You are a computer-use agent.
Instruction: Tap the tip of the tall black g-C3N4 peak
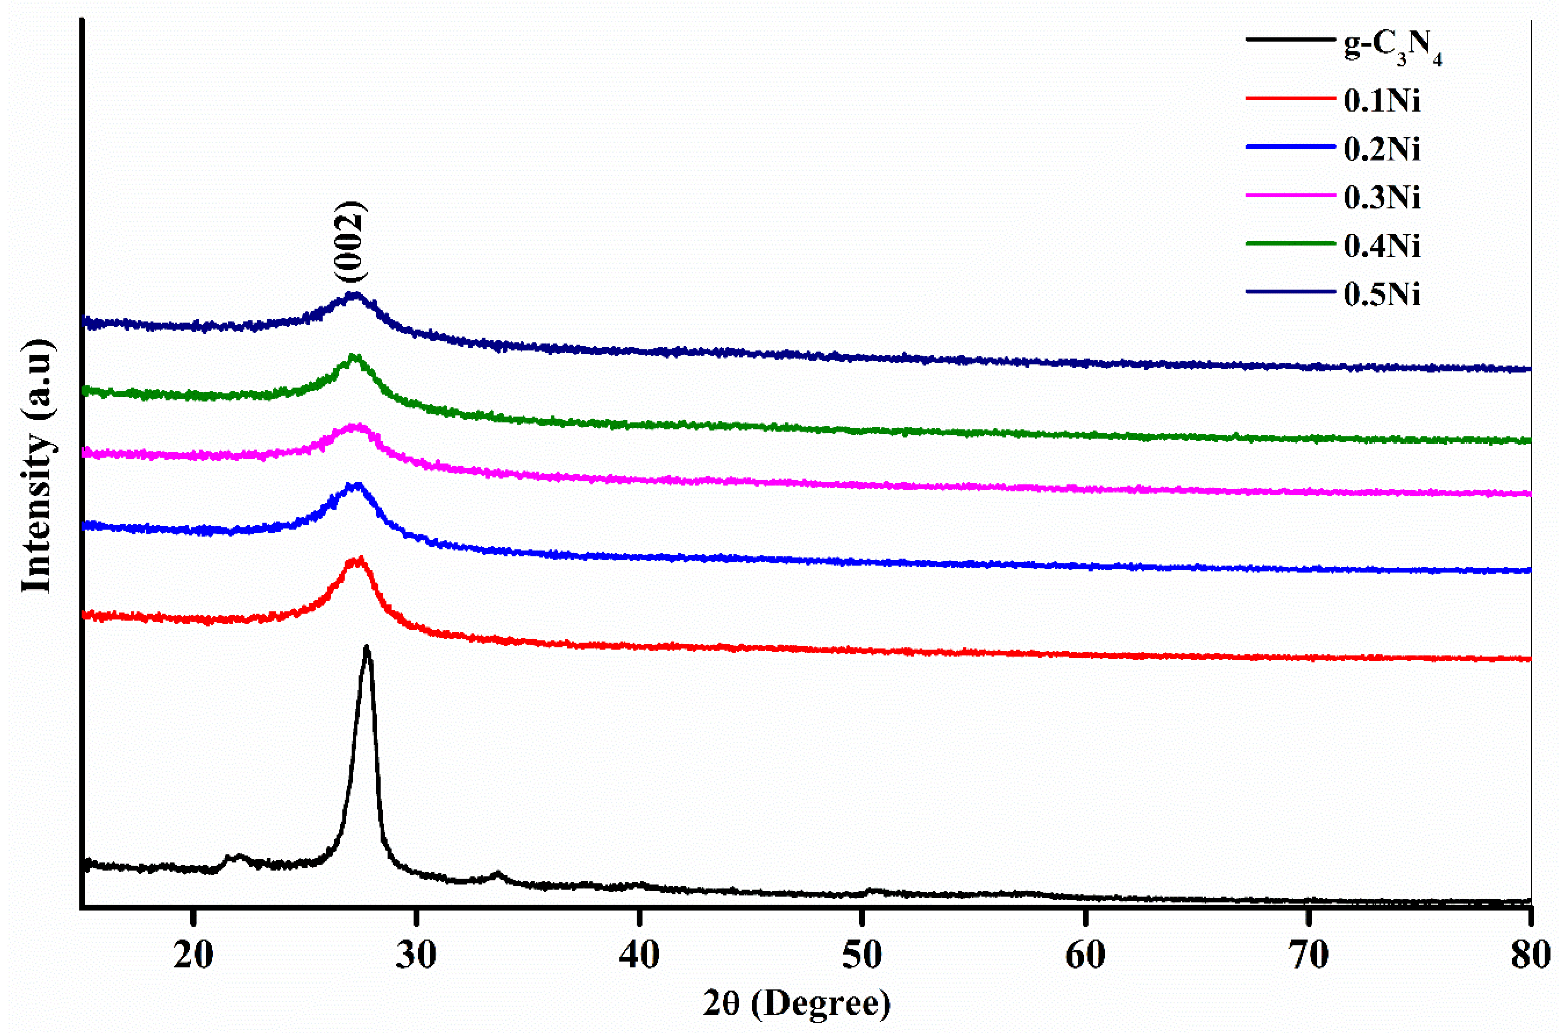pos(367,648)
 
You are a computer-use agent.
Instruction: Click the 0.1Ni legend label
pos(1382,101)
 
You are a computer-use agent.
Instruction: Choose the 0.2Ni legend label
pos(1382,149)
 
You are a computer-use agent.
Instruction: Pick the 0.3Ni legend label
pos(1382,197)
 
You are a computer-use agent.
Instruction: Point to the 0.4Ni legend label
pos(1382,246)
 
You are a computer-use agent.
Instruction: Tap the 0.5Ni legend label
pos(1382,294)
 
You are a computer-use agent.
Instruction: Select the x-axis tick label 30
pos(416,955)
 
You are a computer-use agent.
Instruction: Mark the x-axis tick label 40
pos(639,955)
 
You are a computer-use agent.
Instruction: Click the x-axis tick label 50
pos(862,955)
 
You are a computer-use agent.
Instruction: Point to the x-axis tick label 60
pos(1085,955)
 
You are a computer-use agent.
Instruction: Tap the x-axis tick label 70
pos(1308,955)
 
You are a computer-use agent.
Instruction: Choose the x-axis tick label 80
pos(1530,955)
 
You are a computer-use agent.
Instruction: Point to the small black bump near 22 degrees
pos(237,858)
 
